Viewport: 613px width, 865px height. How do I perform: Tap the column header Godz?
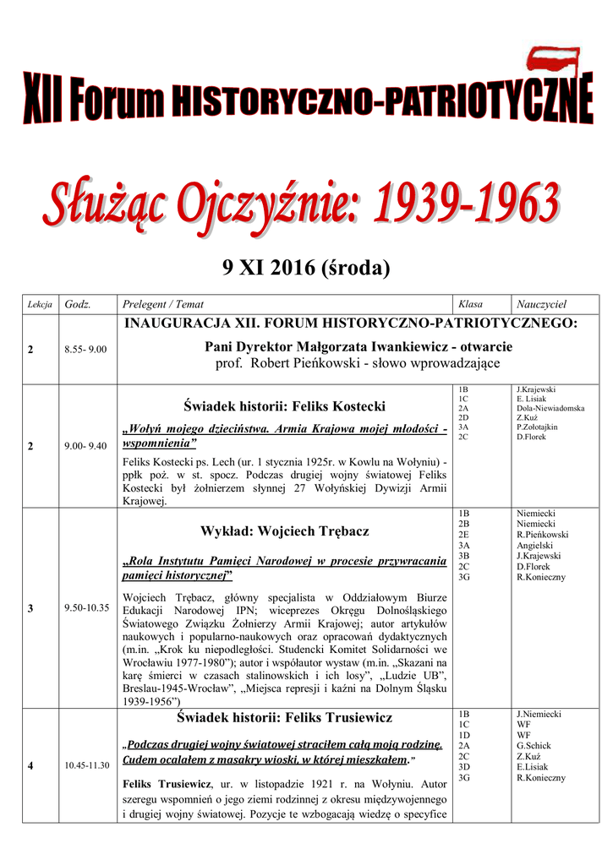point(78,304)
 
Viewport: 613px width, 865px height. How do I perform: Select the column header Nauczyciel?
point(541,304)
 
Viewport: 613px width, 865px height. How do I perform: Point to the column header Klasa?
point(470,304)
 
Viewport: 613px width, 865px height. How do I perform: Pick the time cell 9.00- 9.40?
point(85,446)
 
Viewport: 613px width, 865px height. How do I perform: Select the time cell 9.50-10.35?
point(85,607)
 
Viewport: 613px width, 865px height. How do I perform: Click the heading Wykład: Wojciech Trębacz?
point(284,531)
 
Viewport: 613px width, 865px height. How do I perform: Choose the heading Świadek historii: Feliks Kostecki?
point(284,405)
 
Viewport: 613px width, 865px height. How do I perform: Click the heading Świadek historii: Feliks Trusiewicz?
point(284,718)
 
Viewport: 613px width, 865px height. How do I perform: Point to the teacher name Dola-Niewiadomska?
point(550,408)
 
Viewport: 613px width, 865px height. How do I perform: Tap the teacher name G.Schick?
point(534,746)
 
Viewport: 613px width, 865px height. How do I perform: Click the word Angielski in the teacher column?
point(535,546)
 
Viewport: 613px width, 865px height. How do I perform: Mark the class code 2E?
point(463,535)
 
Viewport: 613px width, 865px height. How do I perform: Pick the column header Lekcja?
point(41,304)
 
